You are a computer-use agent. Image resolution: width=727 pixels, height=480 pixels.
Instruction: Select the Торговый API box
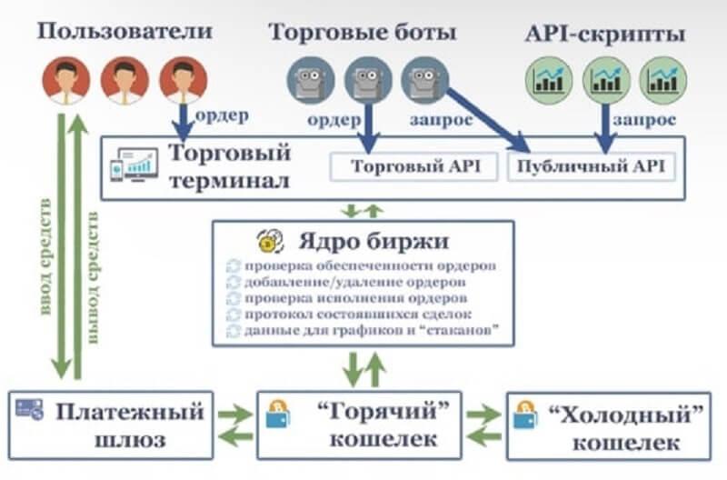[x=412, y=167]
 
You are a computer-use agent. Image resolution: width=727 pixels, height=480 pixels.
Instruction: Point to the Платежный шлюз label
[x=127, y=425]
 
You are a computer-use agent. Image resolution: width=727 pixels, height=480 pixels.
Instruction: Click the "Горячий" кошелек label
[x=374, y=425]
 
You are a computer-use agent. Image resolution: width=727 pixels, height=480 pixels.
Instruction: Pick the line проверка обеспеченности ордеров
[x=371, y=266]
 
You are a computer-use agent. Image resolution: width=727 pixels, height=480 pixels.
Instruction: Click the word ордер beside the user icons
[x=222, y=115]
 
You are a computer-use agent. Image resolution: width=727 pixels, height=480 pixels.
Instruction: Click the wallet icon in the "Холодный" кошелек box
[x=525, y=415]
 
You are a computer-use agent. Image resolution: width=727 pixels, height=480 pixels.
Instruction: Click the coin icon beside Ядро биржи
[x=268, y=243]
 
